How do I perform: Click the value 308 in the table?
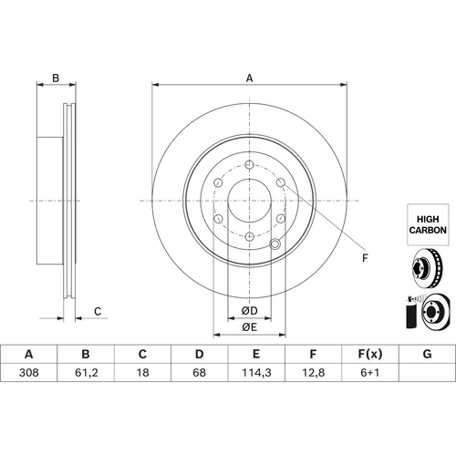click(x=29, y=372)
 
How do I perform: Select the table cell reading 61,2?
click(x=87, y=372)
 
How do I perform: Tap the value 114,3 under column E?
click(x=256, y=372)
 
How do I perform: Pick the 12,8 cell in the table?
click(x=313, y=372)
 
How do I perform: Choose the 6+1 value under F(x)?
click(x=370, y=372)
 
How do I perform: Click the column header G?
click(x=427, y=354)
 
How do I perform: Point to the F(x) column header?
click(x=370, y=354)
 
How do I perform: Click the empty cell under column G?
click(x=427, y=372)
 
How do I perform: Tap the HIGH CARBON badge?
click(x=428, y=224)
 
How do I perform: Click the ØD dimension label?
click(x=249, y=311)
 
